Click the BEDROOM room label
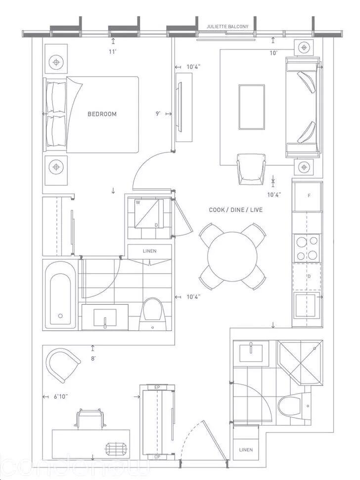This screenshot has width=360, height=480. coord(102,114)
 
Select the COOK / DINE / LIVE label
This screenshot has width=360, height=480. coord(235,210)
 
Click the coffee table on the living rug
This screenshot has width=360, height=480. coord(251,106)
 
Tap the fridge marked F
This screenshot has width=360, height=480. coord(308,196)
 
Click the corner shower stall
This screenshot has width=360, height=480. coord(300,361)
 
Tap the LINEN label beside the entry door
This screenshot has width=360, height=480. coord(246,450)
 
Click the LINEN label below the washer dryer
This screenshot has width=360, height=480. coord(149,251)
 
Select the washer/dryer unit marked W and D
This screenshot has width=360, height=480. coord(146,213)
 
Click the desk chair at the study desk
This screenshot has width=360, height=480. coord(90,419)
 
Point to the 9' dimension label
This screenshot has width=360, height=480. coord(158,114)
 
